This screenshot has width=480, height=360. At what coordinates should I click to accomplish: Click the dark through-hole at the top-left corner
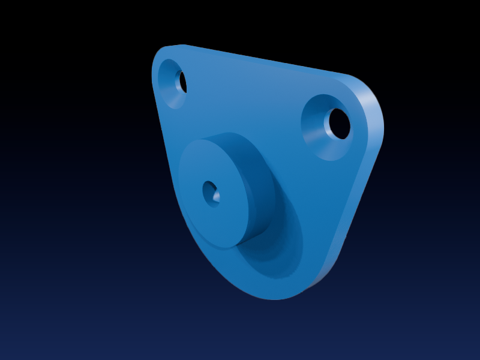182,82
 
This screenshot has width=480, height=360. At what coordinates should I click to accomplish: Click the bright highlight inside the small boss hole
216,197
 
